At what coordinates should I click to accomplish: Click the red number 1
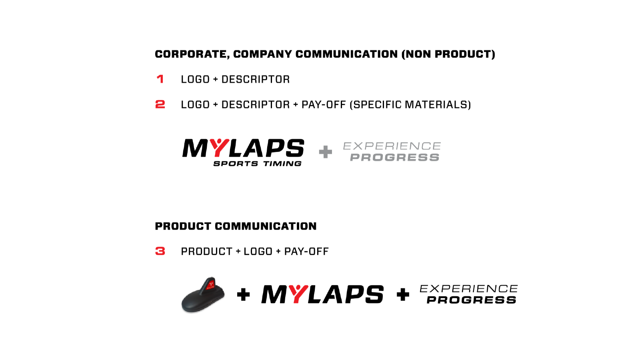point(160,79)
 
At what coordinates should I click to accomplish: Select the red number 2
point(160,104)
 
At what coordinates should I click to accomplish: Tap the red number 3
point(160,251)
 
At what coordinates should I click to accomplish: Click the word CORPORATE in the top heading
point(192,54)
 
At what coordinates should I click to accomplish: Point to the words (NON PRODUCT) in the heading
point(448,54)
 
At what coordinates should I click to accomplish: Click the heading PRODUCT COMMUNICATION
point(236,226)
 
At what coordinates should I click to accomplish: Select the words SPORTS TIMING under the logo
point(258,164)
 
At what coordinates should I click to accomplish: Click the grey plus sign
point(326,152)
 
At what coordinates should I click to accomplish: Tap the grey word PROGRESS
point(395,158)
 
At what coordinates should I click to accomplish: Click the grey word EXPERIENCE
point(392,146)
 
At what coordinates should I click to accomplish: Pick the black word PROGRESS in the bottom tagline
point(472,300)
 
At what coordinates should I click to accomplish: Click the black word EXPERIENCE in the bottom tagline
point(468,288)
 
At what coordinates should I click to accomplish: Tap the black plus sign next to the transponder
point(244,294)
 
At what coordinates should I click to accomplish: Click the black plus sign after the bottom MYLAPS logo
point(403,294)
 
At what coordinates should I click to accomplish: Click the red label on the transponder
point(210,285)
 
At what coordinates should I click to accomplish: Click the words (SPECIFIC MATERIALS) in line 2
point(410,104)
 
